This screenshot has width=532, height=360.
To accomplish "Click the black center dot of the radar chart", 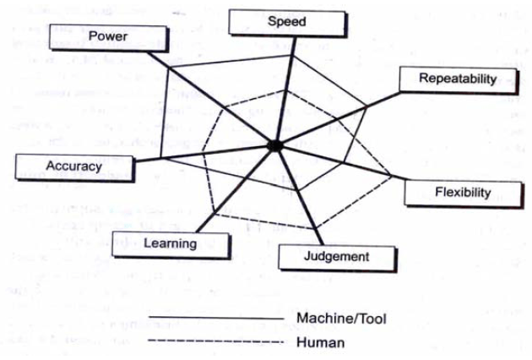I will pos(274,145).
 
